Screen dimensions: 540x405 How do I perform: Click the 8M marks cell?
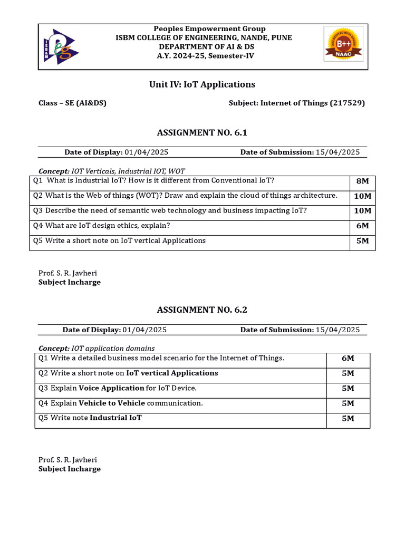(363, 181)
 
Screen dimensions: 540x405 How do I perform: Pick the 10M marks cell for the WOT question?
(363, 196)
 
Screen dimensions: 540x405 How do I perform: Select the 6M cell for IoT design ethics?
(363, 226)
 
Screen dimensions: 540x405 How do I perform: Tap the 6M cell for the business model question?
(348, 359)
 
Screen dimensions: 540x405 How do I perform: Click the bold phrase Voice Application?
(111, 388)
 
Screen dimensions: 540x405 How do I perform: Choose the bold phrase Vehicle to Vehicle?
(111, 403)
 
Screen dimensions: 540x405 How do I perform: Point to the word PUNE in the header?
(281, 37)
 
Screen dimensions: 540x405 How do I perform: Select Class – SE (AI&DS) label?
(72, 103)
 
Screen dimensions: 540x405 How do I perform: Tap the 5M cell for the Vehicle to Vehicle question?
(348, 404)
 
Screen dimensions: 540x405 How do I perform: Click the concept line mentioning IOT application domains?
(97, 349)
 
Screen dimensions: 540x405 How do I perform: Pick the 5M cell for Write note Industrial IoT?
(348, 419)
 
